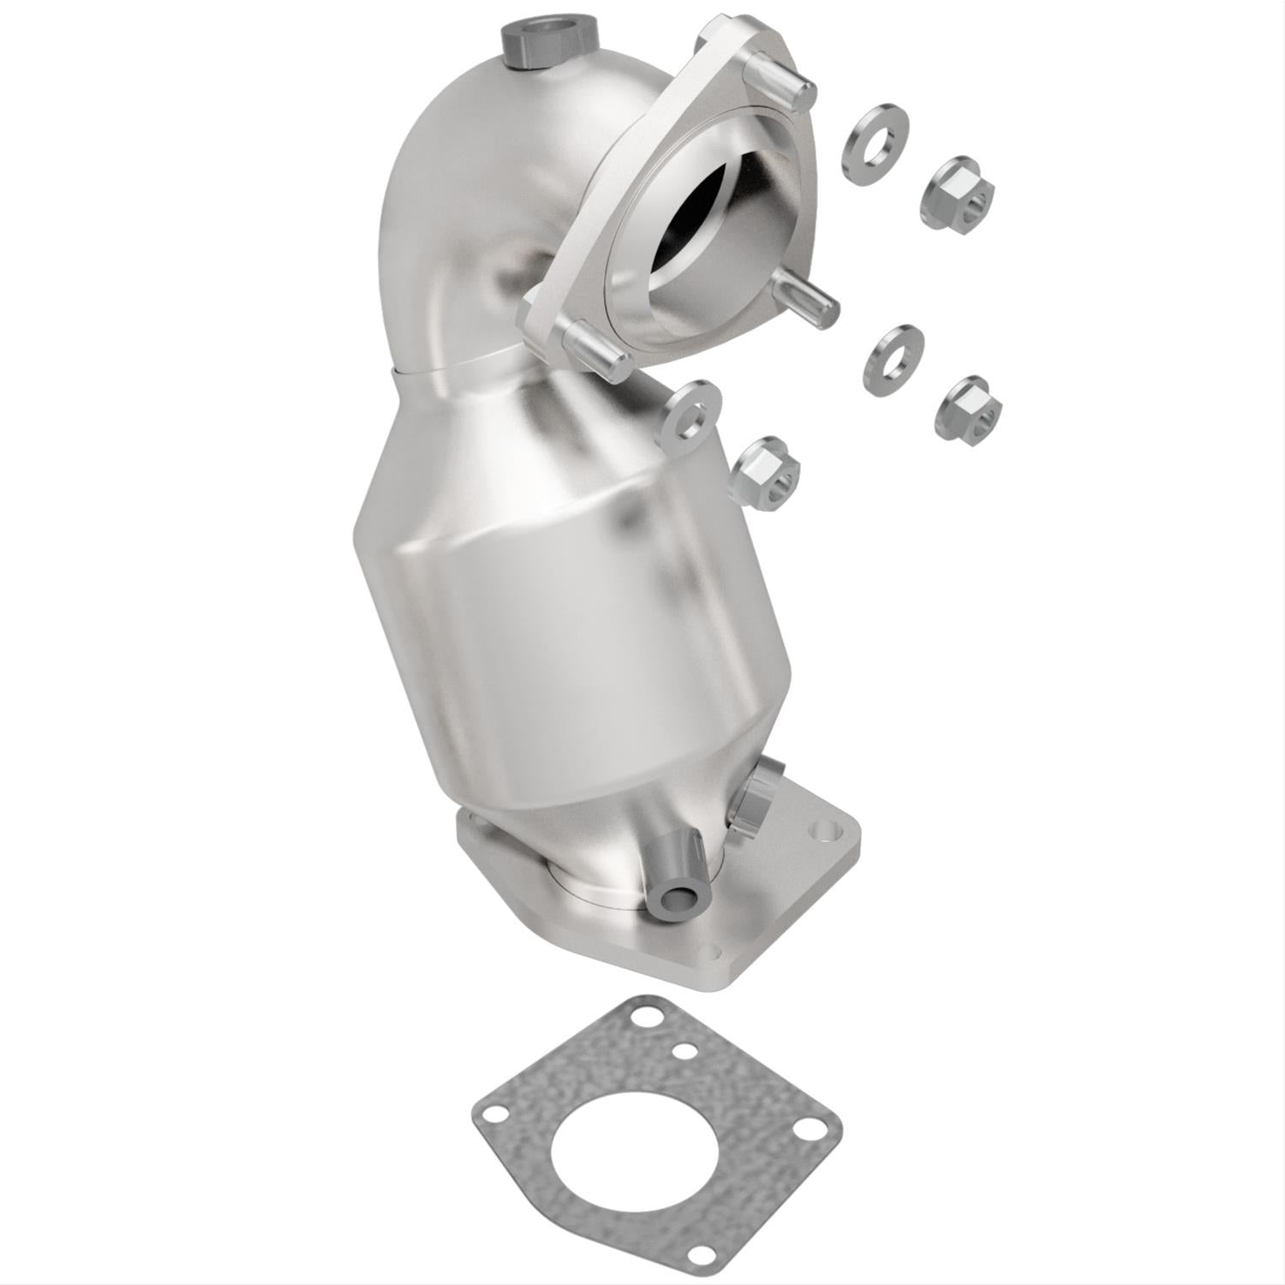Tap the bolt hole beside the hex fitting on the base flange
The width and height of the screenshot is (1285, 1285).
pyautogui.click(x=824, y=829)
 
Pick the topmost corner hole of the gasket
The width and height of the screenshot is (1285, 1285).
pyautogui.click(x=638, y=1024)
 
